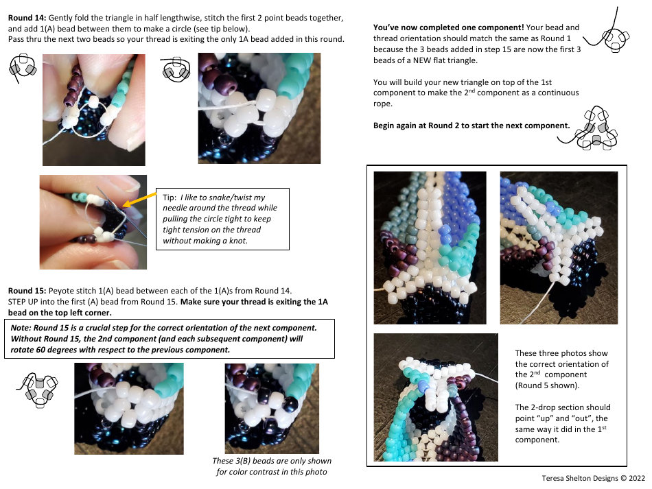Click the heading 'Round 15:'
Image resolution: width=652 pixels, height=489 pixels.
click(x=27, y=291)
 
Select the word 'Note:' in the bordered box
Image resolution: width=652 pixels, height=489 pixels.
click(x=24, y=328)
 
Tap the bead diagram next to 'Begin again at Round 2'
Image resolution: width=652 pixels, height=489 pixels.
click(x=594, y=129)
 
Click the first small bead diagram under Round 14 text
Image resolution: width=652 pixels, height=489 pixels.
click(x=23, y=69)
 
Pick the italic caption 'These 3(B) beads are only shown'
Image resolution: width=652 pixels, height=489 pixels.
click(x=272, y=461)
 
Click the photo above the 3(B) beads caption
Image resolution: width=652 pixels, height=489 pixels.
click(x=272, y=408)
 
